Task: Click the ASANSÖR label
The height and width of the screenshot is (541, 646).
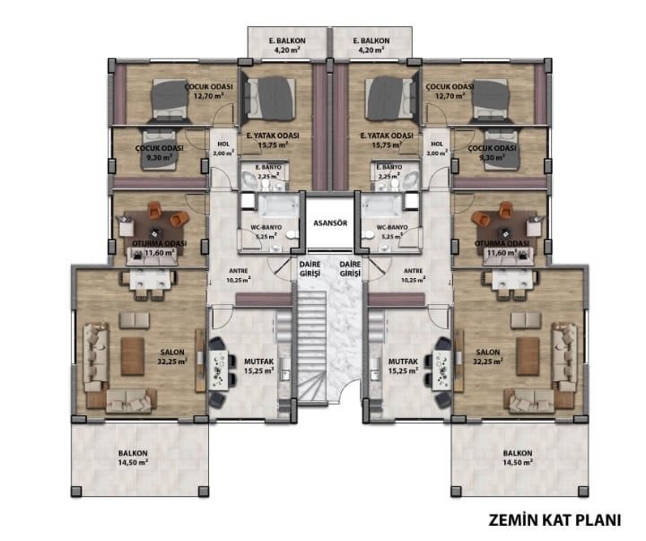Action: pos(330,223)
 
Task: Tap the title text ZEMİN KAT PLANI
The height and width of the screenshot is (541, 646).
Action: pos(554,520)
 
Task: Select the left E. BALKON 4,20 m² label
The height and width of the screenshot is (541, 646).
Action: pos(287,45)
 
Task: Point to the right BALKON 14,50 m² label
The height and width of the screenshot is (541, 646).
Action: pos(518,458)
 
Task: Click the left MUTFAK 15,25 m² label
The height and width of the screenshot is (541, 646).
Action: pos(259,366)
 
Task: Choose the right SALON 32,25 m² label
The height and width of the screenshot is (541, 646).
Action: pos(488,357)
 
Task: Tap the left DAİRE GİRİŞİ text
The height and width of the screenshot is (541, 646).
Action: pos(310,268)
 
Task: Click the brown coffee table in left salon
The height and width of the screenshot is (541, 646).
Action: pos(133,356)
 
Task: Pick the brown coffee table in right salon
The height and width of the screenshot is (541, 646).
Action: pos(528,356)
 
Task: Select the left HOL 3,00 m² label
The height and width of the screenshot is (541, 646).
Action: pos(223,149)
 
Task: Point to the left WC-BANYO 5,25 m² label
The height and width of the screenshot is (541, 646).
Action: pos(266,232)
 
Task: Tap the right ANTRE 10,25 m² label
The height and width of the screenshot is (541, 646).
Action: pos(414,275)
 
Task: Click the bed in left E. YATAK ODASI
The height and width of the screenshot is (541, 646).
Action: pos(270,99)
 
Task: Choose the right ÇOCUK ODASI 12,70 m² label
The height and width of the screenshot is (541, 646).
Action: pos(450,91)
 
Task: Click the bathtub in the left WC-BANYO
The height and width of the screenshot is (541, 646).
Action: pos(278,205)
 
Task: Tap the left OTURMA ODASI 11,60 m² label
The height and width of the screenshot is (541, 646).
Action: pos(160,248)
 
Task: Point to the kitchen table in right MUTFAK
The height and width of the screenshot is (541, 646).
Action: pos(442,370)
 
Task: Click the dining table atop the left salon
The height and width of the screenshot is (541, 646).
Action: pos(150,279)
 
